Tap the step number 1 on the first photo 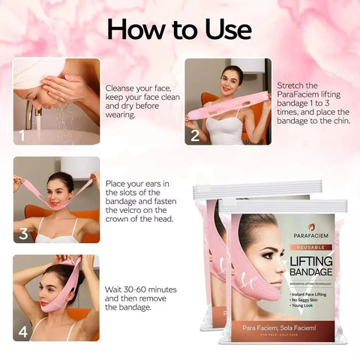pyautogui.click(x=22, y=136)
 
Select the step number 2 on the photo pyautogui.click(x=195, y=136)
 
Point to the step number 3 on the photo pyautogui.click(x=23, y=233)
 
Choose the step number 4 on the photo pyautogui.click(x=23, y=331)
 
